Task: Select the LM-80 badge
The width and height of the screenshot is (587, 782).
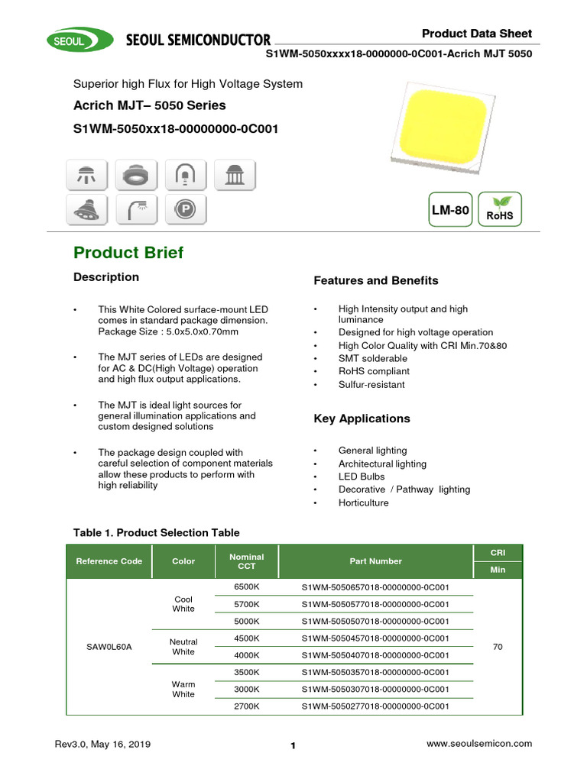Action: point(450,210)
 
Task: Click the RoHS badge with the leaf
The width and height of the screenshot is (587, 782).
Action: point(499,209)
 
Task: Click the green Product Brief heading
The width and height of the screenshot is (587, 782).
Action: point(128,253)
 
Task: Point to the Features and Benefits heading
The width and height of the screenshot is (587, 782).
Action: point(375,280)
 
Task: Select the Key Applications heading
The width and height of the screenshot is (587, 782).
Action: point(362,418)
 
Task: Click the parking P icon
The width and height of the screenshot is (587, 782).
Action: point(184,208)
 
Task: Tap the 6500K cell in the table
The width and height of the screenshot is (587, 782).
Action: point(246,587)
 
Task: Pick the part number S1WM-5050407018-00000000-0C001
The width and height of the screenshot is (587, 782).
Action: point(375,655)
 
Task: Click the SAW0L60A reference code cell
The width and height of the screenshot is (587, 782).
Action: point(109,647)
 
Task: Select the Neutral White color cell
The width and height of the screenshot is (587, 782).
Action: point(183,647)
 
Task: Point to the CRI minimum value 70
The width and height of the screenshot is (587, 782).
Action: point(498,647)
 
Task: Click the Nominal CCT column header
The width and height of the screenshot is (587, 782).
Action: point(246,561)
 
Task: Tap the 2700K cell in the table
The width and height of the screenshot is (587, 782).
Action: point(246,706)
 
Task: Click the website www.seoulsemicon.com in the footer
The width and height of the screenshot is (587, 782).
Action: point(479,744)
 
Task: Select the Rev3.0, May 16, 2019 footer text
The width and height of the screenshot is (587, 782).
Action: point(103,745)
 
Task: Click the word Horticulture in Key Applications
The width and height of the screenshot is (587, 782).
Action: point(363,502)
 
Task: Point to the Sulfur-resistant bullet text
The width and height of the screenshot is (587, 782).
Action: point(371,384)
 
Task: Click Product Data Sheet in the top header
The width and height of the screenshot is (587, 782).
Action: point(477,34)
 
